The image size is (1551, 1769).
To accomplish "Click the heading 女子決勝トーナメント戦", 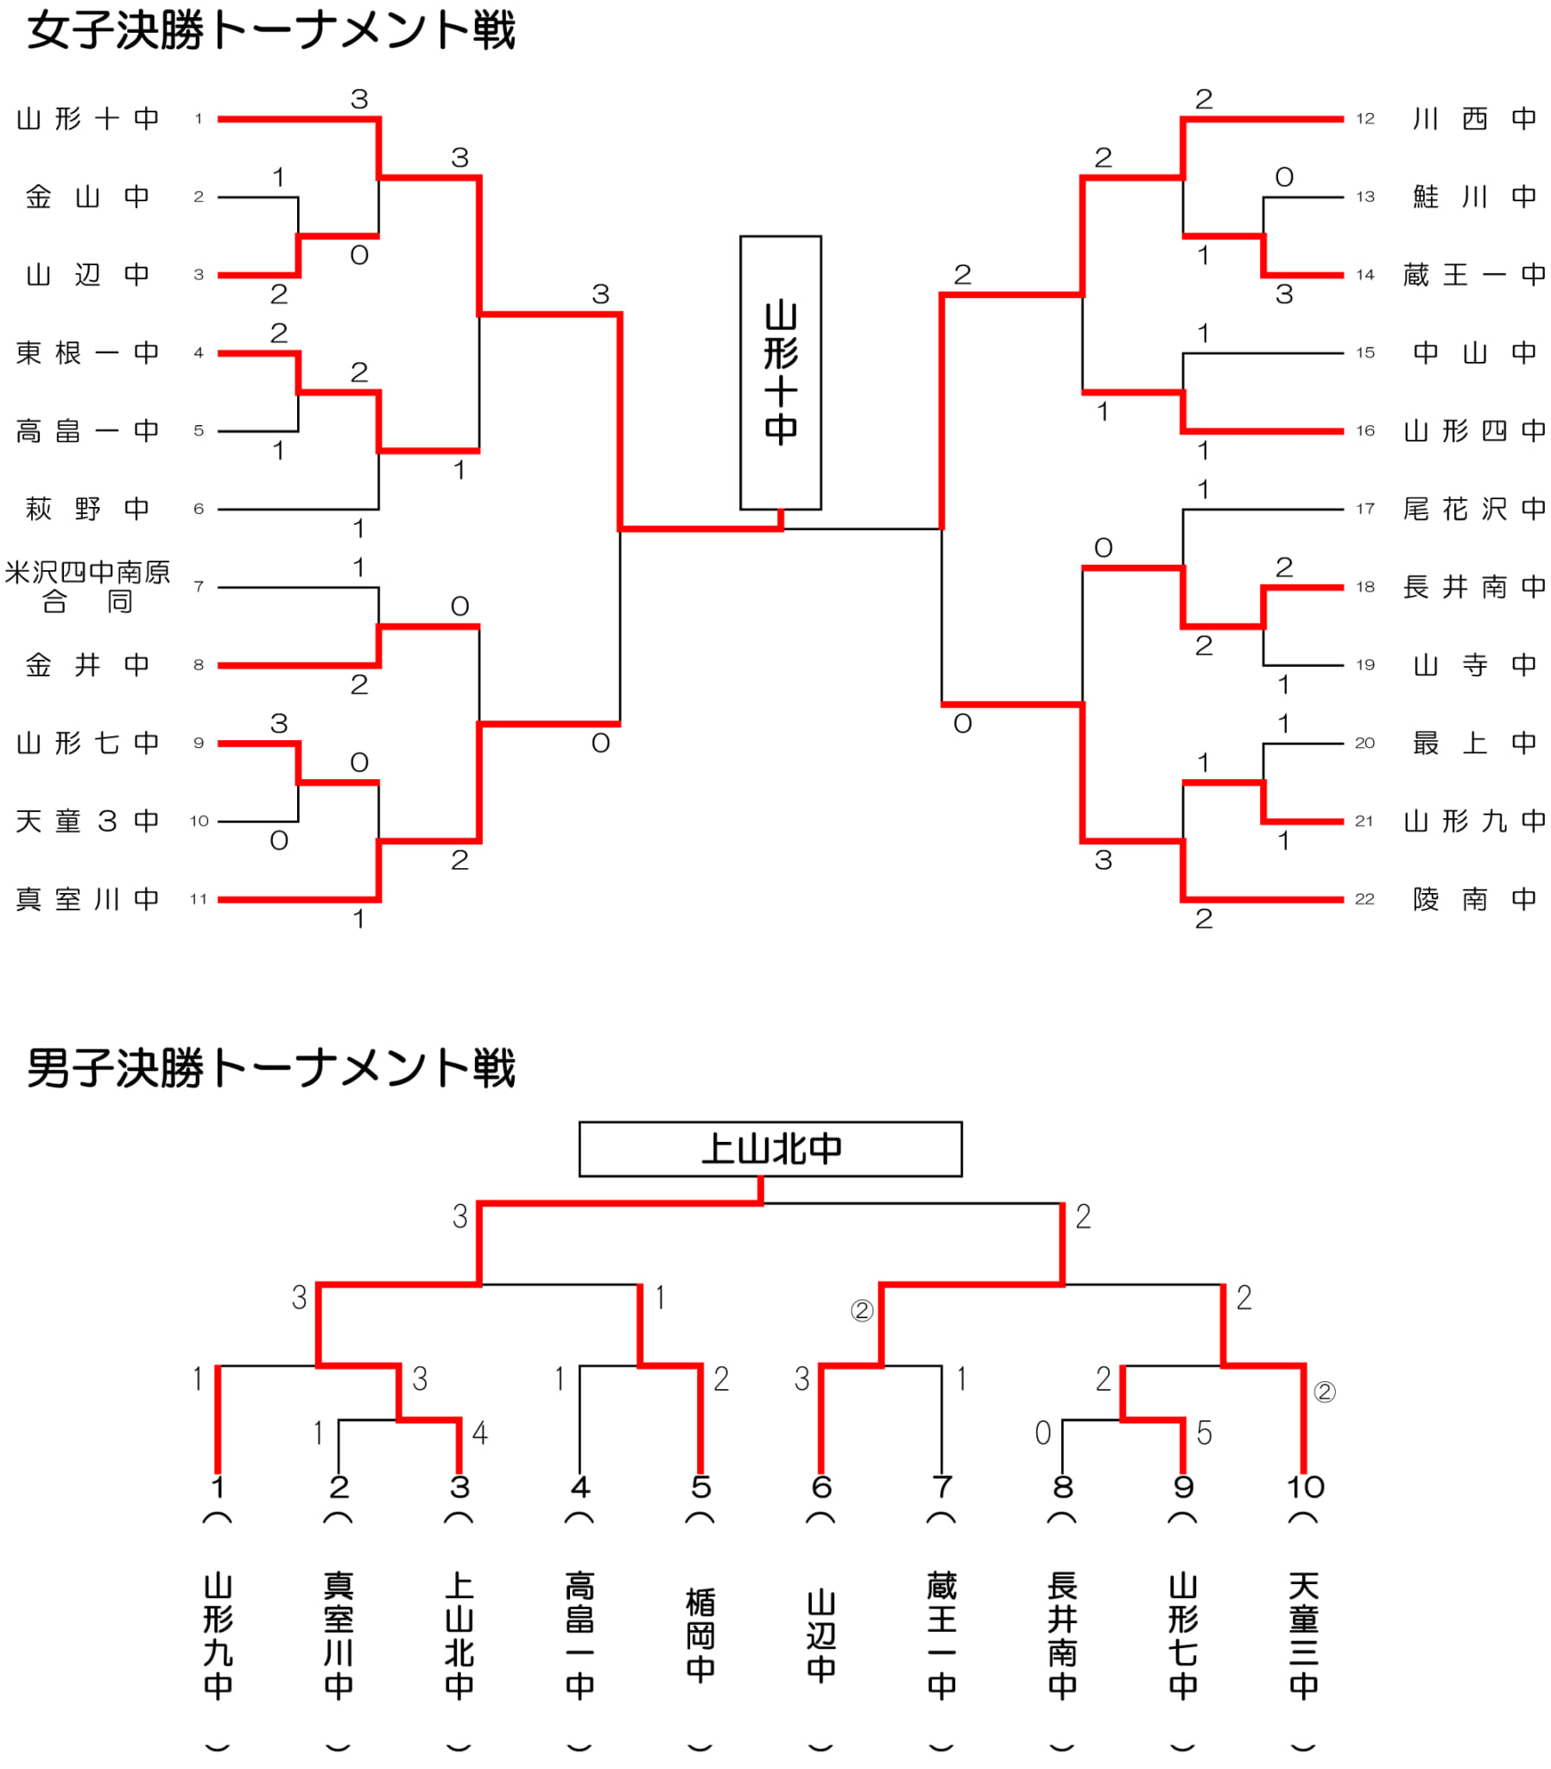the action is tap(271, 31).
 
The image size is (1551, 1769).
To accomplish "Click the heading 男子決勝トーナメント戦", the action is tap(271, 1068).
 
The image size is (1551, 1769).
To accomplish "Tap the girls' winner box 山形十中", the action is tap(781, 372).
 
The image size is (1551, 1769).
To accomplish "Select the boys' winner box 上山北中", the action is tap(770, 1149).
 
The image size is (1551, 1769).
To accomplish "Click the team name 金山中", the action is tap(87, 197).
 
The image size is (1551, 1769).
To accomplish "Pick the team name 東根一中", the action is tap(87, 353).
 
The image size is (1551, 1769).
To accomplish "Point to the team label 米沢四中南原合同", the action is tap(87, 586).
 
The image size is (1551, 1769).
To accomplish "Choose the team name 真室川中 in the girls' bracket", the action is tap(87, 899).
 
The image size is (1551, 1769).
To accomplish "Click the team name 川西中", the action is tap(1475, 118).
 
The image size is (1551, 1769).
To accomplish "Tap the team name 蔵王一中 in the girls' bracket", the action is tap(1475, 276).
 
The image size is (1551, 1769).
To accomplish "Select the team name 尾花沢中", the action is tap(1475, 509).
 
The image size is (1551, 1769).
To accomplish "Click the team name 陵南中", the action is tap(1475, 899).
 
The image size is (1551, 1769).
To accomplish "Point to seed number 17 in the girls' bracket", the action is tap(1365, 509).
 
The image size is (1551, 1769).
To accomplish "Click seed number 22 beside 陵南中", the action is tap(1365, 899).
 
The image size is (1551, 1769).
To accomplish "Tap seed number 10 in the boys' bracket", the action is tap(1305, 1487).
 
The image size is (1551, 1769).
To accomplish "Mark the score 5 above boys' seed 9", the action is tap(1204, 1433).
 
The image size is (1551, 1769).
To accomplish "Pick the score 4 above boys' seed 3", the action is tap(480, 1433).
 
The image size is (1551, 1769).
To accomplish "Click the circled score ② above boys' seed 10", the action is tap(1324, 1392).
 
